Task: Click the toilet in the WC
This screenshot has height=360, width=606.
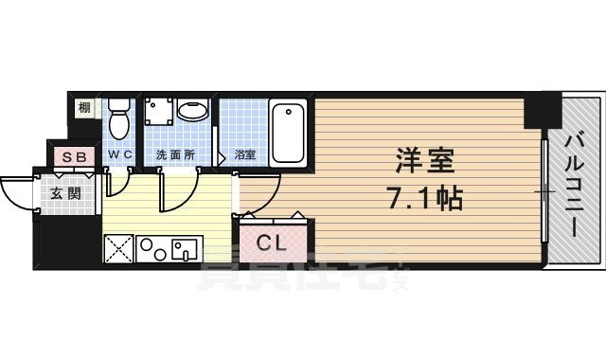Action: [119, 120]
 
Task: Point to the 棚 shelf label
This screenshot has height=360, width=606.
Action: [84, 107]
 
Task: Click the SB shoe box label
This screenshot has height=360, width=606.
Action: [71, 154]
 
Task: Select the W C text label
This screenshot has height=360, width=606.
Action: [118, 153]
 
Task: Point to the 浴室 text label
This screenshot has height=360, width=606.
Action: [244, 153]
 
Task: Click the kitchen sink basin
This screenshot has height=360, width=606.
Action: [184, 249]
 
